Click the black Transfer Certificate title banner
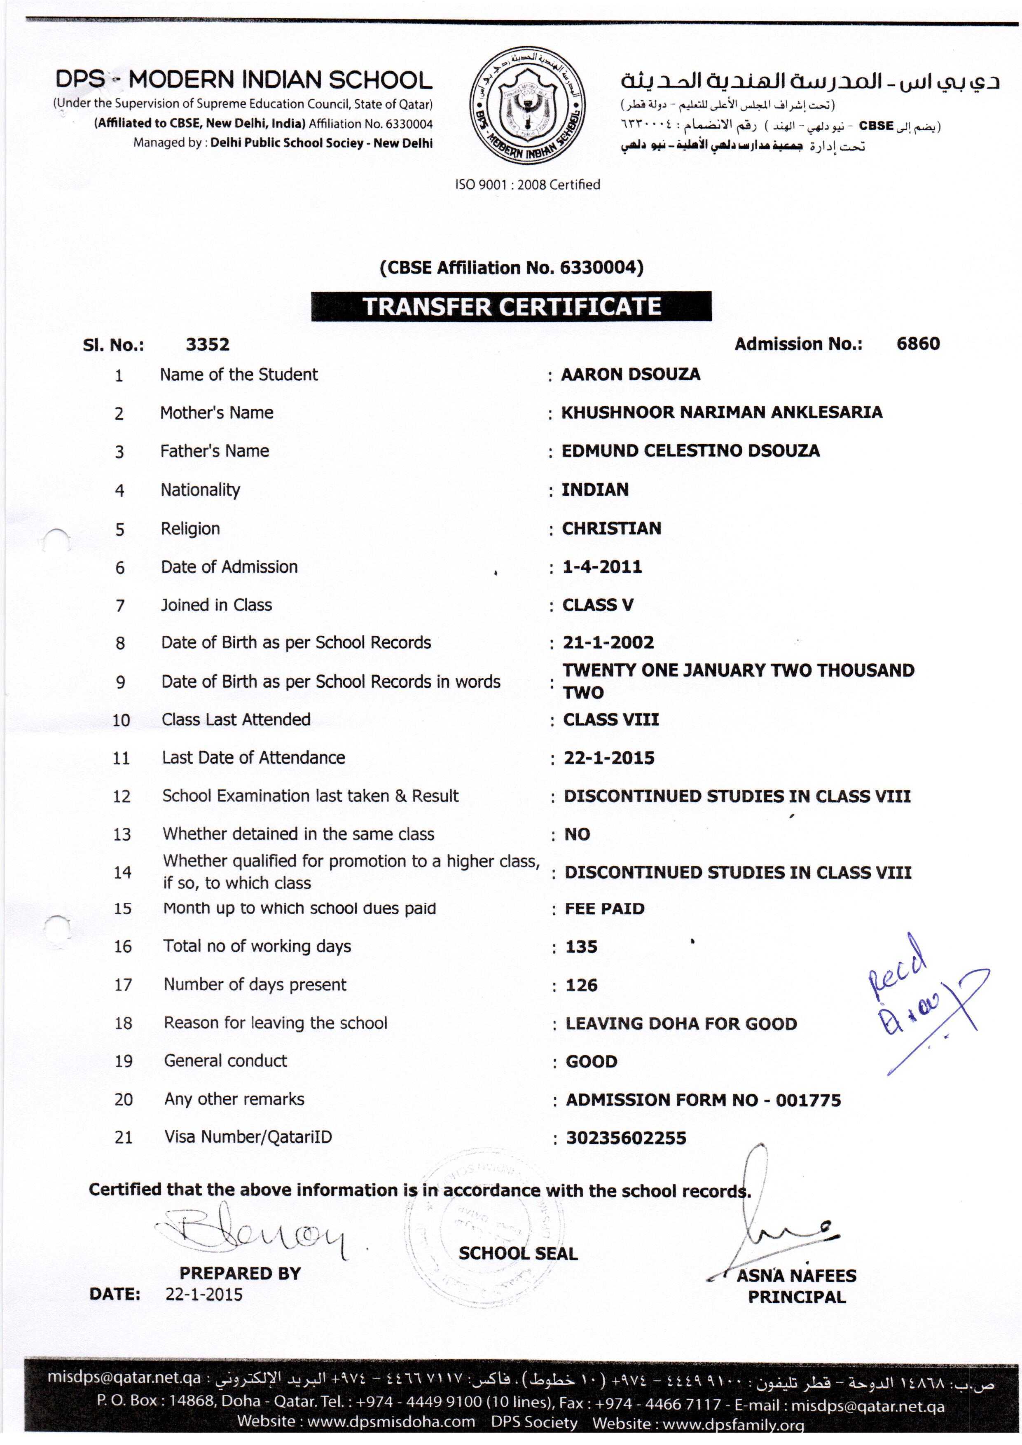pos(511,307)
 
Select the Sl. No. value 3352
pos(208,345)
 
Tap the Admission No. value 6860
pos(917,344)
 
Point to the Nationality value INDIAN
pos(595,489)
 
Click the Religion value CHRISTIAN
pos(611,529)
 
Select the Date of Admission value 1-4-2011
pos(602,567)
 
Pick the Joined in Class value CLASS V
pos(598,605)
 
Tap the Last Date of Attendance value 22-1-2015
pos(608,758)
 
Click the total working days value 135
pos(581,947)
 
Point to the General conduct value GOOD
pos(592,1062)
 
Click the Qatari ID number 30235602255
pos(626,1138)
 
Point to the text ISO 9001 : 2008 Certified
pos(527,185)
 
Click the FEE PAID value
pos(604,909)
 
